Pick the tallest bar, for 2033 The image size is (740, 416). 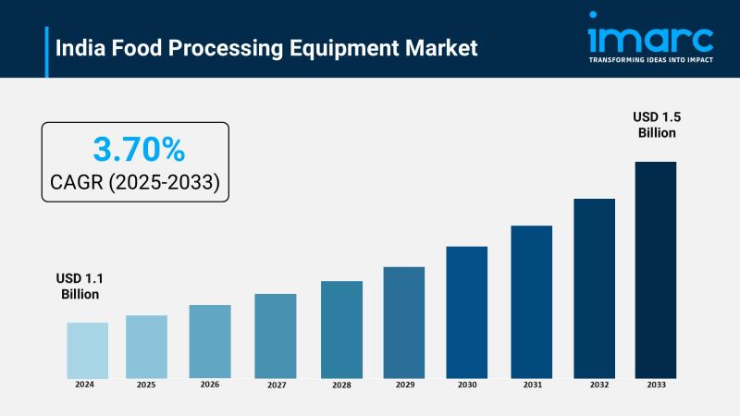coord(655,269)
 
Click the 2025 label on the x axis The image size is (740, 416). coord(146,385)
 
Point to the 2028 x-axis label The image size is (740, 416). coord(341,385)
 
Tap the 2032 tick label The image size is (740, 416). coord(594,385)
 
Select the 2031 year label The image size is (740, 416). coord(532,385)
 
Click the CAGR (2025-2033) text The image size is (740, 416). coord(135,182)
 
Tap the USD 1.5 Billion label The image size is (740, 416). coord(657,124)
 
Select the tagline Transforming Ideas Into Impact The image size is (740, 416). coord(650,60)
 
